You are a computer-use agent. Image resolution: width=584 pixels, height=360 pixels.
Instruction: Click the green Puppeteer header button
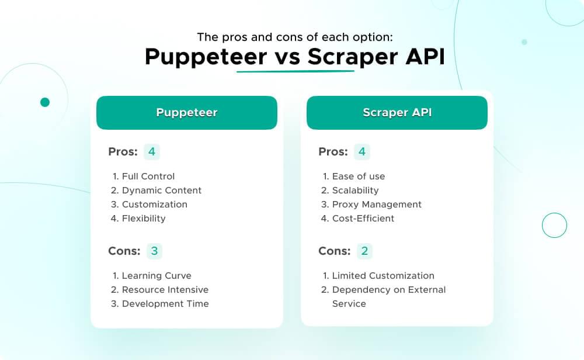pyautogui.click(x=186, y=113)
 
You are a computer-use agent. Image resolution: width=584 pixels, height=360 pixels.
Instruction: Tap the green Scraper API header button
pyautogui.click(x=397, y=113)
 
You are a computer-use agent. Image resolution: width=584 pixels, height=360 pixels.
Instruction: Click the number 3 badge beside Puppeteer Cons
pyautogui.click(x=154, y=251)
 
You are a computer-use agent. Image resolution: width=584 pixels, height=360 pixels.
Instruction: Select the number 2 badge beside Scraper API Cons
pyautogui.click(x=364, y=251)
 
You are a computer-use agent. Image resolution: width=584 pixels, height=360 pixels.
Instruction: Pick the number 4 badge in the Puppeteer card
pyautogui.click(x=152, y=152)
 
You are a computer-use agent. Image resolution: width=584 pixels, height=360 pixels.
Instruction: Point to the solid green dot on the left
pyautogui.click(x=45, y=102)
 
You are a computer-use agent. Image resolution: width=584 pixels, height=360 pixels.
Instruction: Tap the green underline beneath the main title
pyautogui.click(x=295, y=71)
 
